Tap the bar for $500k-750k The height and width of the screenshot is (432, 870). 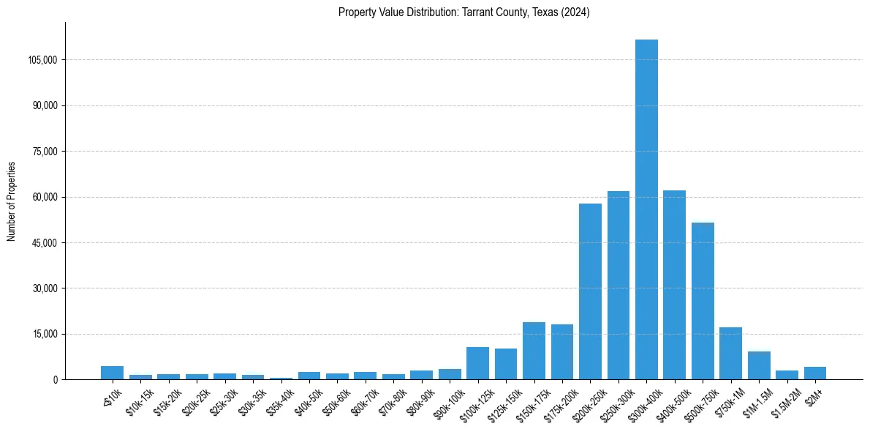click(x=703, y=301)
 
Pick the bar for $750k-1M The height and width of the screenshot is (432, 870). click(x=730, y=354)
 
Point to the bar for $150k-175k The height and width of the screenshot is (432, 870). click(x=534, y=351)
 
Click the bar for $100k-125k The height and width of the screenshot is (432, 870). click(x=477, y=363)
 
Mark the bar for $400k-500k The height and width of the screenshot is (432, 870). click(x=674, y=285)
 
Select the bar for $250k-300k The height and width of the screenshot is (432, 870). click(x=619, y=286)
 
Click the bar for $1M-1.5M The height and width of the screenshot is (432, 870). click(x=759, y=365)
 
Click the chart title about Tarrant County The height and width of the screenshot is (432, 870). click(x=464, y=12)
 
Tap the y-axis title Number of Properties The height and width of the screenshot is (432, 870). click(x=12, y=201)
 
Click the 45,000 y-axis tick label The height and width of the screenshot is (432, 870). click(x=45, y=243)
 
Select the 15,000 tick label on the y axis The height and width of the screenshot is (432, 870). click(x=45, y=335)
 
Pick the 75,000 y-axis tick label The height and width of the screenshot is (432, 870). click(x=45, y=152)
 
